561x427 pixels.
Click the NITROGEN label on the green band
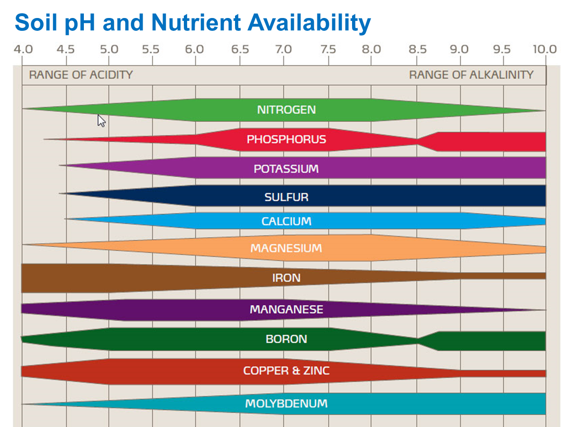pos(286,110)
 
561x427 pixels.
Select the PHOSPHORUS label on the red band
pos(286,140)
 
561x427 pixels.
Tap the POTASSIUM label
pos(286,169)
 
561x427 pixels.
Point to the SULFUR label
pos(286,197)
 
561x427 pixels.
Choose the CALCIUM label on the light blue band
pos(286,221)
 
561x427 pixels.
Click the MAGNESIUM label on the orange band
pos(286,248)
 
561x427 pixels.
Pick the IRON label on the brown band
pos(286,278)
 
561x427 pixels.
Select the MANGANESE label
pos(286,310)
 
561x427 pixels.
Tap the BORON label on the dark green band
pos(286,339)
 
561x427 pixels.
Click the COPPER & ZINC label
pos(286,371)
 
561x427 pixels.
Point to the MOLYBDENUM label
pos(286,404)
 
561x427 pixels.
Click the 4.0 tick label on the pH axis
pos(23,49)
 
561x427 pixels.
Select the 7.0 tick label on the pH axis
pos(283,49)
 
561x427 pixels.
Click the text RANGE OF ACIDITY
pos(81,75)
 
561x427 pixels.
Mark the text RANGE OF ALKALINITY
pos(471,75)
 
